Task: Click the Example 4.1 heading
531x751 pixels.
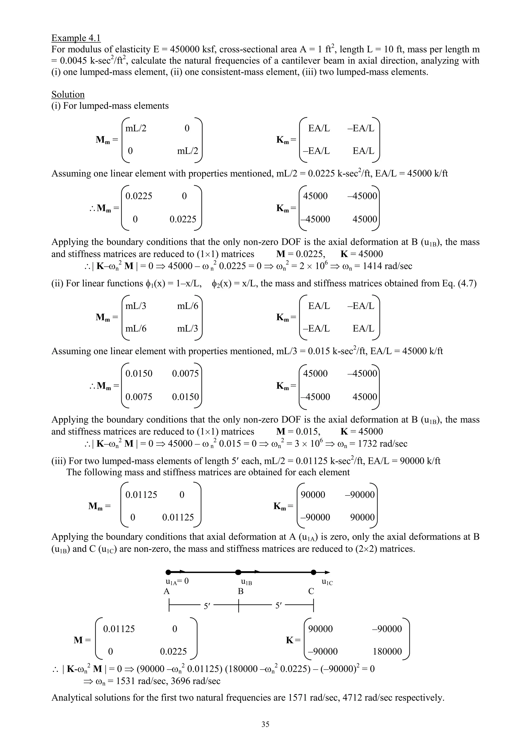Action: pyautogui.click(x=76, y=38)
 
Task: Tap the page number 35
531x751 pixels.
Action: pyautogui.click(x=265, y=724)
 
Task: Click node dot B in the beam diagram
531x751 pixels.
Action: pyautogui.click(x=238, y=572)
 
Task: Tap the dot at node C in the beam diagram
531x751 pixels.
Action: pyautogui.click(x=313, y=572)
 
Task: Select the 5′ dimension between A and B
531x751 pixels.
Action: pyautogui.click(x=207, y=606)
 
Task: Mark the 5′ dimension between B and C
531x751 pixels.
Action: pyautogui.click(x=278, y=606)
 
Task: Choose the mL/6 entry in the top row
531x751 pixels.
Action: pyautogui.click(x=188, y=306)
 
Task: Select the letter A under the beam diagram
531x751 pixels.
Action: pyautogui.click(x=167, y=591)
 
